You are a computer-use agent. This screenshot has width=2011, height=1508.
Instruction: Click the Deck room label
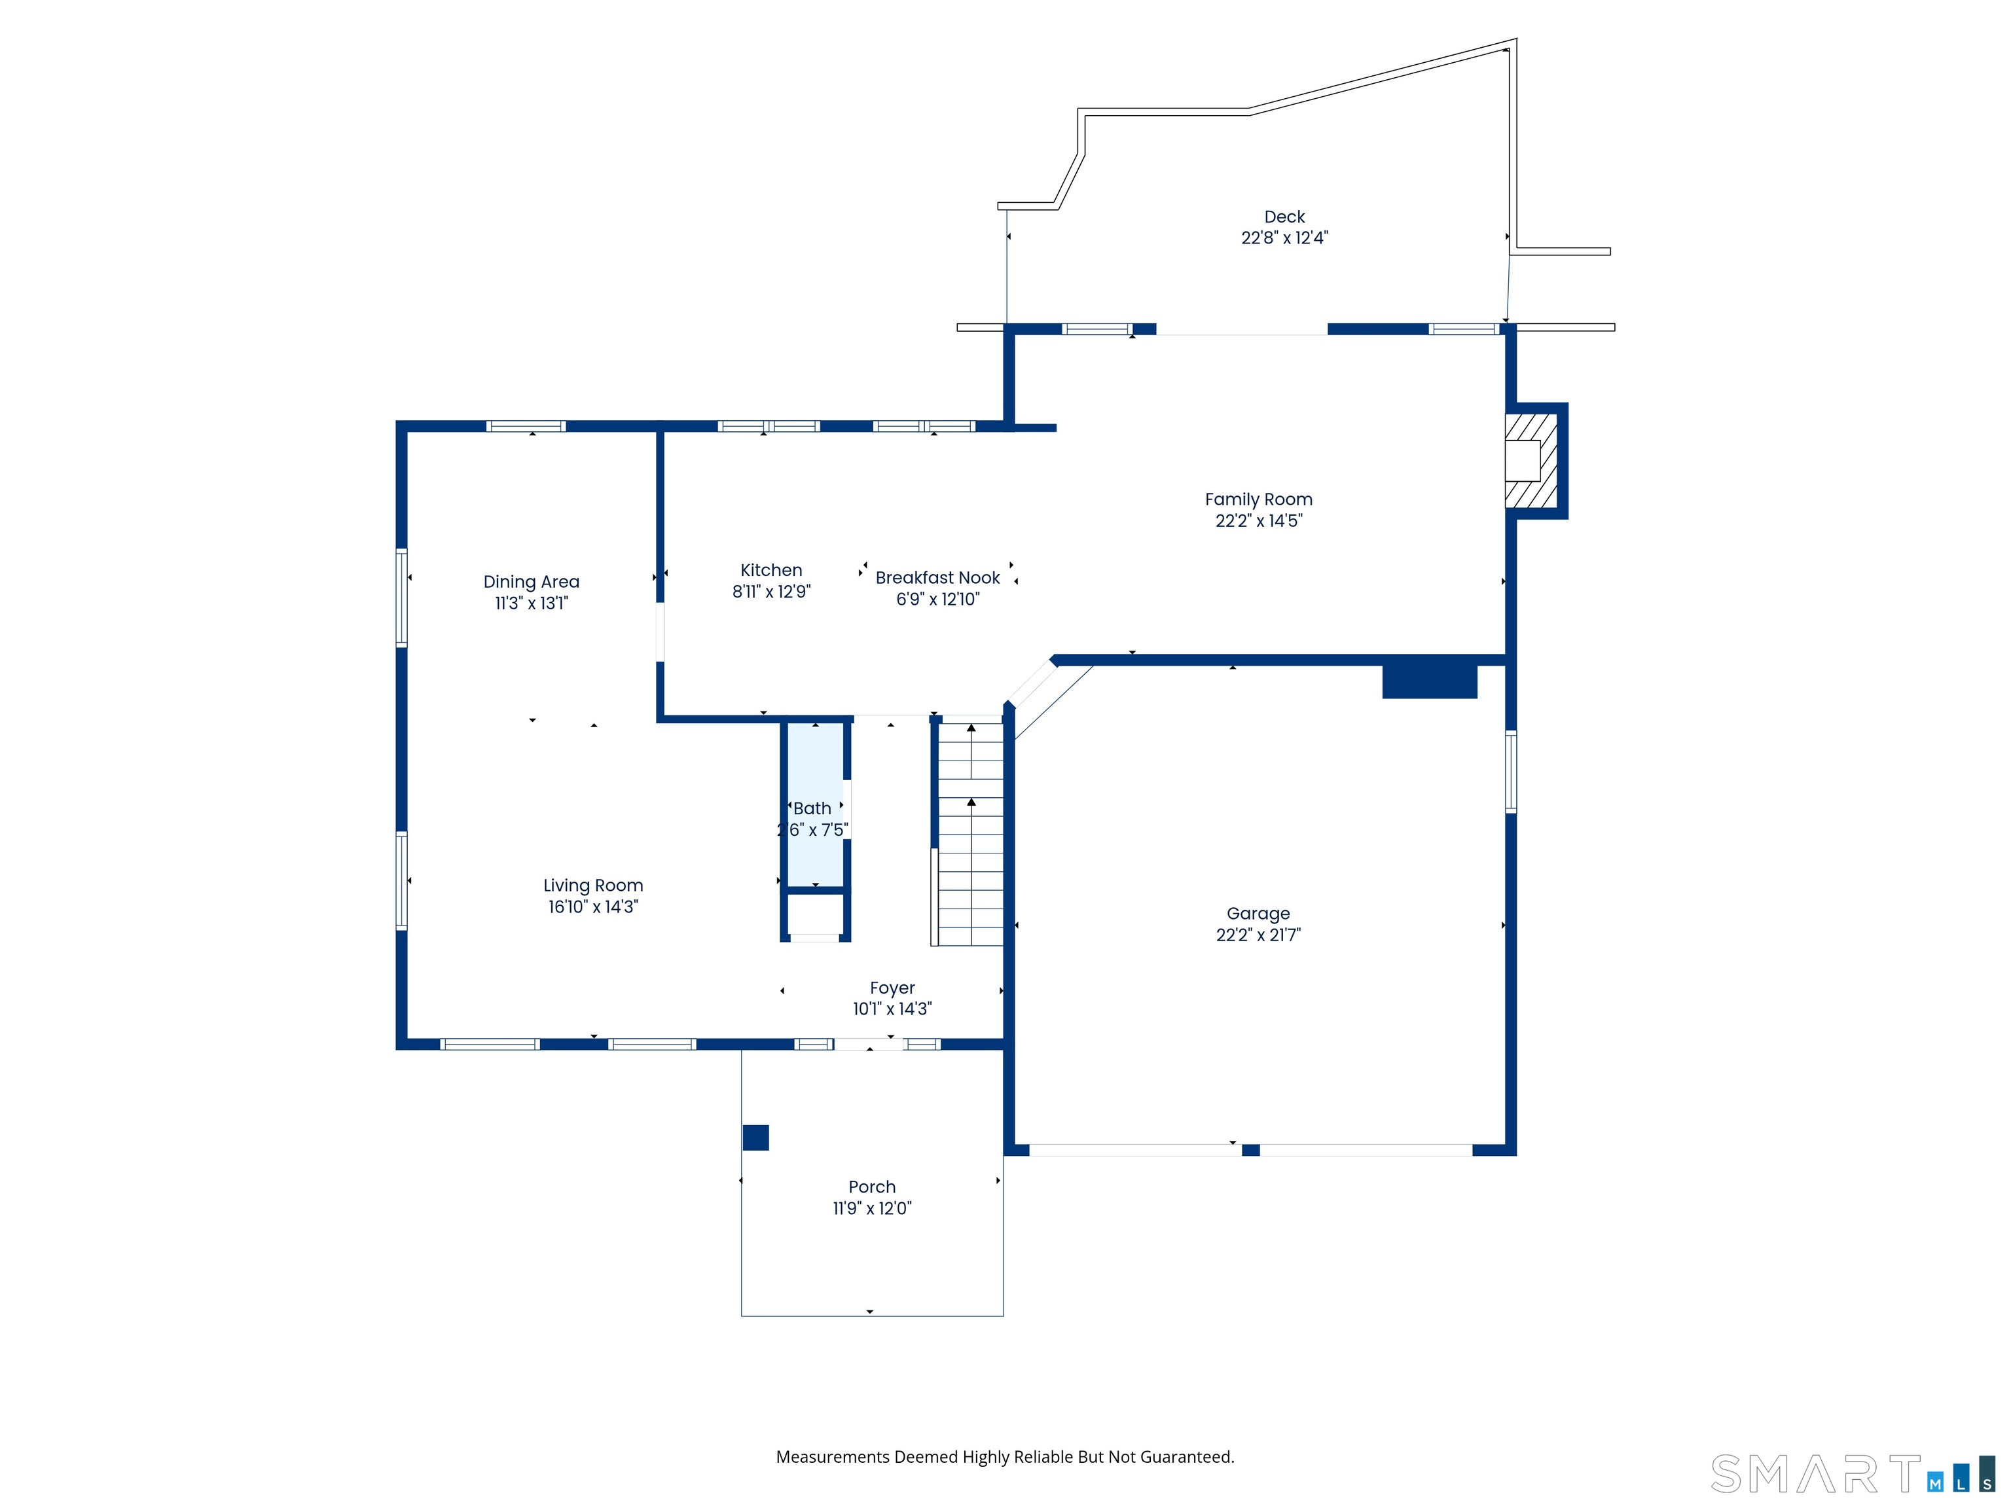pos(1284,217)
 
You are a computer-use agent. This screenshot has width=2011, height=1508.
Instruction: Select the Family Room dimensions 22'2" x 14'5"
pos(1258,521)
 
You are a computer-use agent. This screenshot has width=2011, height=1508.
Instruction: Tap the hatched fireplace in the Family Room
pos(1531,460)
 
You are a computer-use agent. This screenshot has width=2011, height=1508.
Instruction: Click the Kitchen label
pos(771,570)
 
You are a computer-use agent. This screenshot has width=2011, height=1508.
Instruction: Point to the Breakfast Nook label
pos(937,577)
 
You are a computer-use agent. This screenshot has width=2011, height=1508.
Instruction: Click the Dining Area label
pos(531,582)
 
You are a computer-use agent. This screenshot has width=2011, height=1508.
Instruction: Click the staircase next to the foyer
pos(970,833)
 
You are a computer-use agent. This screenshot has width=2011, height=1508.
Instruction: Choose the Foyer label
pos(892,988)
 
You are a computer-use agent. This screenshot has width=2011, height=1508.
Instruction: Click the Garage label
pos(1258,914)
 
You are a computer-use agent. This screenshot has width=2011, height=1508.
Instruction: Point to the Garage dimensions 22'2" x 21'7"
pos(1258,935)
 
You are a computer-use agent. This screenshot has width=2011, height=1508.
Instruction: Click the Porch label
pos(872,1187)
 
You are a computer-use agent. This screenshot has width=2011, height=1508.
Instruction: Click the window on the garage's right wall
pos(1511,772)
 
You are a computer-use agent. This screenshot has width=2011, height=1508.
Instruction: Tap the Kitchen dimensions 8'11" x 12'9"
pos(771,592)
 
